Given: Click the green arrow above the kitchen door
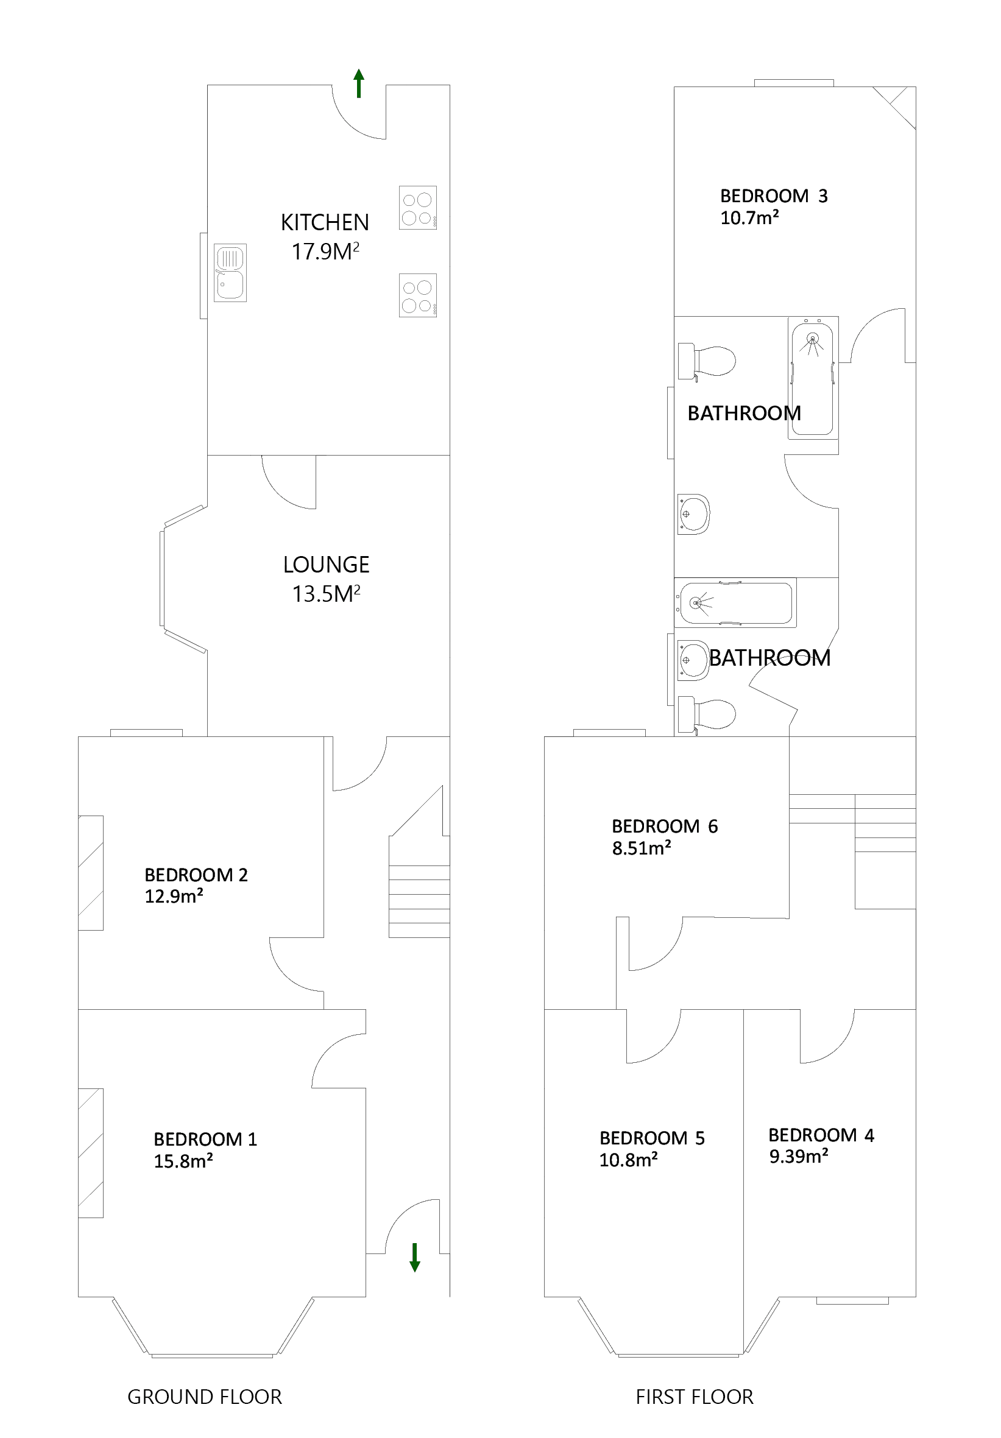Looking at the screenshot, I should (358, 83).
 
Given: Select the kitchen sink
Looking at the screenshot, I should (230, 272).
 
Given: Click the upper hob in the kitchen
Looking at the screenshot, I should (418, 208).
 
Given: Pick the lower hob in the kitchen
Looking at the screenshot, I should (418, 295).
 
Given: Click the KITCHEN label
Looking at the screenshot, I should (325, 222).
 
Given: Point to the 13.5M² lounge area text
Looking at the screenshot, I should (326, 594).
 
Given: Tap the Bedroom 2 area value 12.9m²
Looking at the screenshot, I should (174, 897).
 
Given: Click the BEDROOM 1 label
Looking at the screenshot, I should (205, 1138).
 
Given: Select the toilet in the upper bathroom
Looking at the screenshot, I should (707, 361).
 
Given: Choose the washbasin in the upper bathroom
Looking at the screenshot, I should (693, 514).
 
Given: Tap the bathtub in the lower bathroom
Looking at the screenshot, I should (735, 602).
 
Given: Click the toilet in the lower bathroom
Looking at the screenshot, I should (707, 714).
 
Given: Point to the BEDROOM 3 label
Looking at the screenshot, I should (774, 196).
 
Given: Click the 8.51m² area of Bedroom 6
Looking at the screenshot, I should (642, 848).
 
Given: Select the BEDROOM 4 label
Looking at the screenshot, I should (821, 1135).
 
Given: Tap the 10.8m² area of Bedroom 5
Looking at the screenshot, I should (628, 1160).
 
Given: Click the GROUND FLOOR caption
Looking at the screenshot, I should (204, 1397).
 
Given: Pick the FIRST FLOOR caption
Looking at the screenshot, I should (694, 1397).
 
